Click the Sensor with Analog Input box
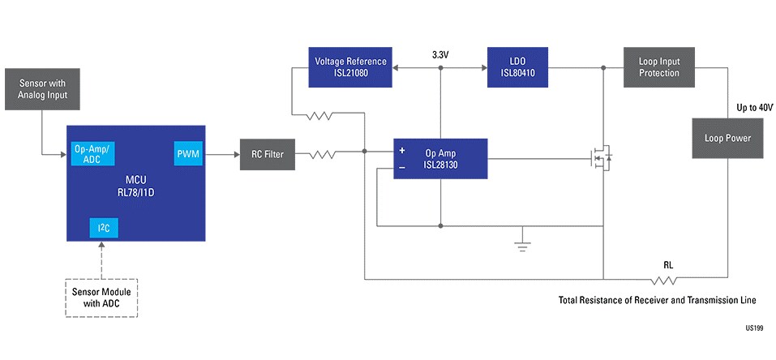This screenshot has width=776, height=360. [x=42, y=90]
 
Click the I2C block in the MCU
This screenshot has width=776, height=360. [x=103, y=228]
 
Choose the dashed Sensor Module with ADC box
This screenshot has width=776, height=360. [x=101, y=298]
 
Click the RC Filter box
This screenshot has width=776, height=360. [x=267, y=154]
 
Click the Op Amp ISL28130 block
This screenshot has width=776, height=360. [x=440, y=158]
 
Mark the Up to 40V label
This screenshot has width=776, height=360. [x=754, y=108]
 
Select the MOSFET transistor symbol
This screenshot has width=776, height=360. [x=601, y=158]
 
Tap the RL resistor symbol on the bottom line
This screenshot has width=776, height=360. [x=667, y=280]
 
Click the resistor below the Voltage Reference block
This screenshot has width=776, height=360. [x=320, y=116]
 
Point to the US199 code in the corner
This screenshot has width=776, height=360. [x=755, y=330]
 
